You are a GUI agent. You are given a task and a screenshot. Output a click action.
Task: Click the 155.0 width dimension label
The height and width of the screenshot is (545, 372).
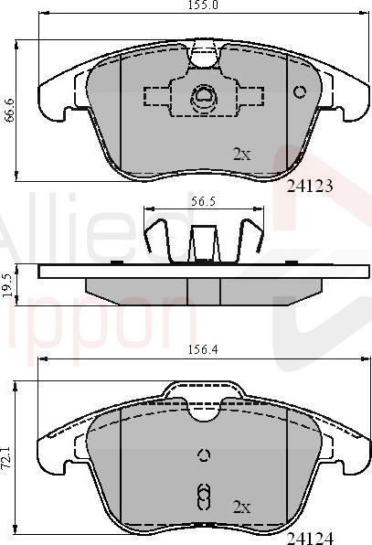click(186, 6)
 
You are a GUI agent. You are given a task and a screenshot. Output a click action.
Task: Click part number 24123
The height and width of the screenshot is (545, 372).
click(309, 186)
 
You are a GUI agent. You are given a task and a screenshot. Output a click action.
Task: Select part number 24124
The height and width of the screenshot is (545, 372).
click(309, 536)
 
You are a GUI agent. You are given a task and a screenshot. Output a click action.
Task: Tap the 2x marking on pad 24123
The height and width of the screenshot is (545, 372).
click(241, 155)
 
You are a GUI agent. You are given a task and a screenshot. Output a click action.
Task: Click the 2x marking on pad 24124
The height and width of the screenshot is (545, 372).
click(241, 506)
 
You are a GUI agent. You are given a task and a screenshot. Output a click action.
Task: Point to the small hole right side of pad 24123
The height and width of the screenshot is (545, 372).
click(299, 91)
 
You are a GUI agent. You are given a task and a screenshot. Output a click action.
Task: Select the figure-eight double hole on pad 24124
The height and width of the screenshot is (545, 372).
click(203, 496)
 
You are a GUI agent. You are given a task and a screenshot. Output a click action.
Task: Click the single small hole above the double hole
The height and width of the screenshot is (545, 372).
click(203, 456)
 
